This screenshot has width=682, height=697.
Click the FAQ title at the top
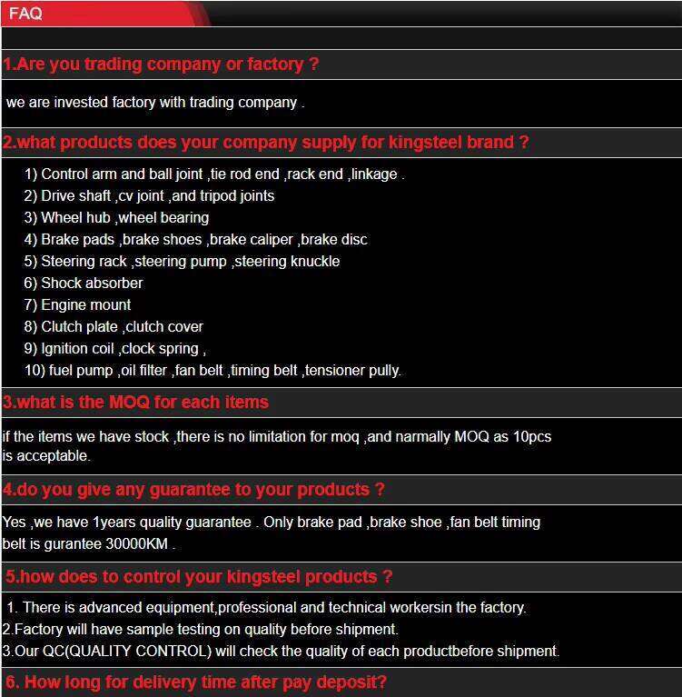pyautogui.click(x=25, y=14)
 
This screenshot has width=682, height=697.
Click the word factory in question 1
pyautogui.click(x=271, y=65)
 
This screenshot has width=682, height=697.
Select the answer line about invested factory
pyautogui.click(x=154, y=103)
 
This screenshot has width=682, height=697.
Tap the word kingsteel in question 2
pyautogui.click(x=427, y=143)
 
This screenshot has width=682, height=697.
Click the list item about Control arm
pyautogui.click(x=213, y=174)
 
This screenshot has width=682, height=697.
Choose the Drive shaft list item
pyautogui.click(x=149, y=195)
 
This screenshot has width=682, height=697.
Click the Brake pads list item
pyautogui.click(x=195, y=239)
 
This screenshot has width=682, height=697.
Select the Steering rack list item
pyautogui.click(x=182, y=261)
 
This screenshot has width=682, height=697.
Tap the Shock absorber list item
pyautogui.click(x=84, y=283)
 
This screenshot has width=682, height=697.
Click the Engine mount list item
pyautogui.click(x=78, y=304)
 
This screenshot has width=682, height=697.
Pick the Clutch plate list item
pyautogui.click(x=114, y=326)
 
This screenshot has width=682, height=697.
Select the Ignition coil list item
pyautogui.click(x=115, y=348)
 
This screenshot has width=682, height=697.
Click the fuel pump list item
pyautogui.click(x=213, y=370)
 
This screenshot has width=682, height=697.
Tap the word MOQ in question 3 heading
pyautogui.click(x=133, y=403)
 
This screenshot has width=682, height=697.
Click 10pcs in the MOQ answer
pyautogui.click(x=532, y=436)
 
